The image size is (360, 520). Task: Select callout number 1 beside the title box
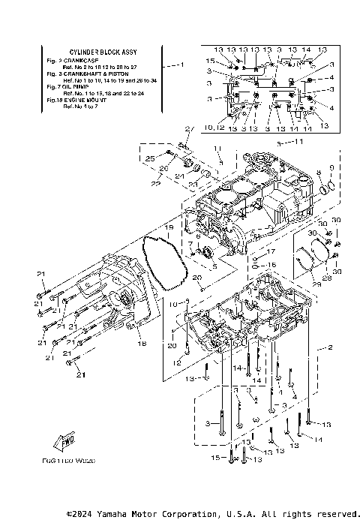181,65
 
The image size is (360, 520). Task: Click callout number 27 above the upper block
189,130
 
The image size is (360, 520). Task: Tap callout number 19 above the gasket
169,227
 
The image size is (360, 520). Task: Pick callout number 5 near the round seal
214,266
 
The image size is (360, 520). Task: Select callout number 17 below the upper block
273,251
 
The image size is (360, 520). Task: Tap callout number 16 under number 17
273,266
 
